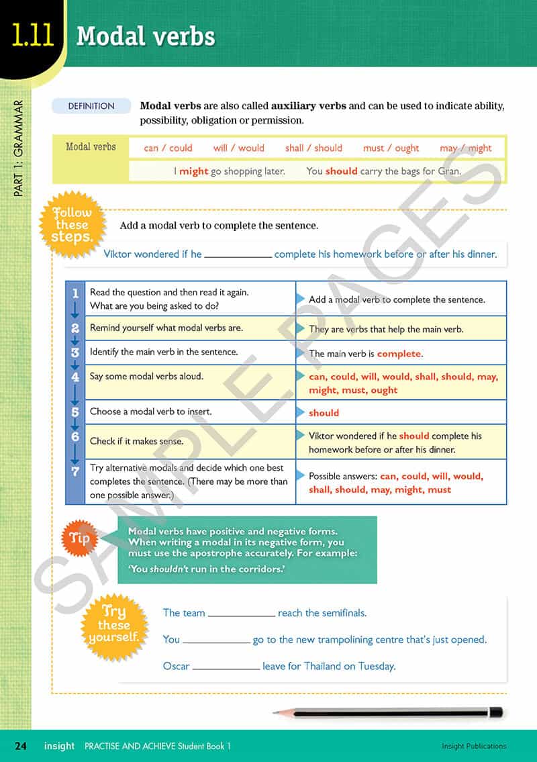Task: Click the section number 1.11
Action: click(32, 35)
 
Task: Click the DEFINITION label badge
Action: click(91, 106)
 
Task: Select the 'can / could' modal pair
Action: click(168, 148)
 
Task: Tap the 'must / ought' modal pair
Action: click(391, 148)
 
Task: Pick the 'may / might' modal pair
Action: click(466, 148)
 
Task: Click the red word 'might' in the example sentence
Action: click(193, 171)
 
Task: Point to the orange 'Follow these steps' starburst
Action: click(72, 225)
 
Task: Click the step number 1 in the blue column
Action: click(75, 293)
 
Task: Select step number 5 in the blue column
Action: click(75, 412)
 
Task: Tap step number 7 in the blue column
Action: click(75, 472)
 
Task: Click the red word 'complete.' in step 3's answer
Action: click(399, 354)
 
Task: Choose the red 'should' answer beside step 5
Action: click(324, 413)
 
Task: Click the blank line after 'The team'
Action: click(242, 614)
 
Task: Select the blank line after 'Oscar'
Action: click(226, 667)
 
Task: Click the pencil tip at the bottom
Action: click(277, 713)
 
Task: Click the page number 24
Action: click(21, 746)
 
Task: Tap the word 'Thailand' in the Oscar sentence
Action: click(326, 667)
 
